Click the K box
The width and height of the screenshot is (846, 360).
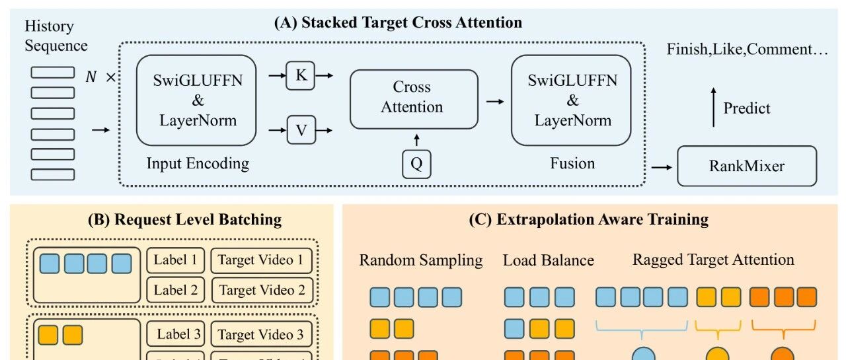(301, 76)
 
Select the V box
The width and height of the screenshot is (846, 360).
(301, 129)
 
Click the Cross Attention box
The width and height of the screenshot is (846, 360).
(413, 99)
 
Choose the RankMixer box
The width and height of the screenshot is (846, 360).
(747, 166)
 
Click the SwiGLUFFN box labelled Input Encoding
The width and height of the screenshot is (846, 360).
(196, 100)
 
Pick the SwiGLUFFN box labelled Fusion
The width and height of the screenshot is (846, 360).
(572, 100)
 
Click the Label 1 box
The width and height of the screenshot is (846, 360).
(176, 260)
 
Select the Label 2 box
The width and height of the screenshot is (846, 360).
(176, 289)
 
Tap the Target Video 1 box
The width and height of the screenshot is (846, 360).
(262, 260)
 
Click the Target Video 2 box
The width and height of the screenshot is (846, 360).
(262, 289)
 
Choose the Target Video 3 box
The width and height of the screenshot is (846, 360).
(262, 334)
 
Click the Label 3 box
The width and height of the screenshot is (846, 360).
(176, 334)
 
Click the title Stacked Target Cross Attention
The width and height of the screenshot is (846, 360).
(399, 22)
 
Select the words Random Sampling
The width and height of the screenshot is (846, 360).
(421, 260)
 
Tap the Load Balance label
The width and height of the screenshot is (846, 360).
(548, 260)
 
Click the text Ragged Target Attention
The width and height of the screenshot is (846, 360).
(713, 260)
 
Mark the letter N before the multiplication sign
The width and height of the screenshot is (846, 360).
(92, 77)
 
